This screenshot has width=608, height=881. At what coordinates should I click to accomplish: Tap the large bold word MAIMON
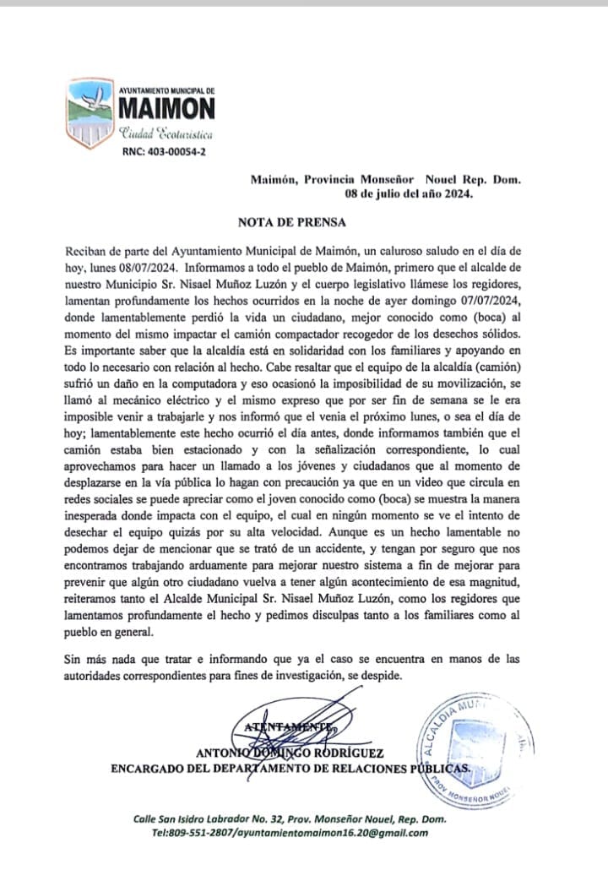[166, 109]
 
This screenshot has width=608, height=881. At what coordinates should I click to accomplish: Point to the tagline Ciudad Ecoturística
[166, 134]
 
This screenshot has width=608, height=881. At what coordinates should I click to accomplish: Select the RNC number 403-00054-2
[165, 152]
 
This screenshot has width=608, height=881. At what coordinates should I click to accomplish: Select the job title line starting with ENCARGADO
[290, 768]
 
